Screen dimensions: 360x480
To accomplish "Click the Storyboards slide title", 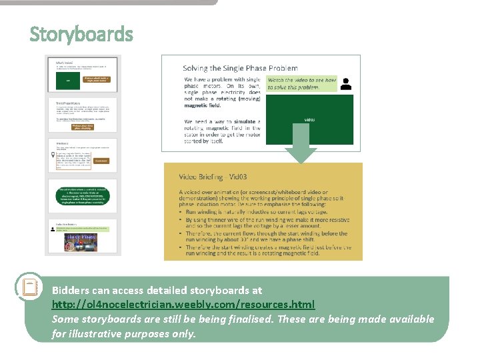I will pos(81,34).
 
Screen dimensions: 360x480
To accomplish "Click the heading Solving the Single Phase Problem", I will pos(240,68).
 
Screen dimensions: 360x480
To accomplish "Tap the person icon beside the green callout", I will pos(346,84).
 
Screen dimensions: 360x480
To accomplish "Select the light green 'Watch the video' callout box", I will pos(302,83).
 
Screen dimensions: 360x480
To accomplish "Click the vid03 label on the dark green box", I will pos(309,119).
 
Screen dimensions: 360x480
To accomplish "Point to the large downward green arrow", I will pos(302,144).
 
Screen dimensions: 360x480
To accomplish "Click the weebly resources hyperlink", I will pos(183,304).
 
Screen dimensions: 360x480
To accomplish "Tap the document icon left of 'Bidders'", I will pos(29,287).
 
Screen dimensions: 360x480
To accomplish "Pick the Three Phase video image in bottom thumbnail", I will pos(80,241).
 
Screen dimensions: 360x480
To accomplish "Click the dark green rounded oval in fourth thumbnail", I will pos(83,197).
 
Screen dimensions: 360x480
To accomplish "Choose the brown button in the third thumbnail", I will pos(101,161).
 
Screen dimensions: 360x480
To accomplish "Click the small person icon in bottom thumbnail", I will pos(53,229).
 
